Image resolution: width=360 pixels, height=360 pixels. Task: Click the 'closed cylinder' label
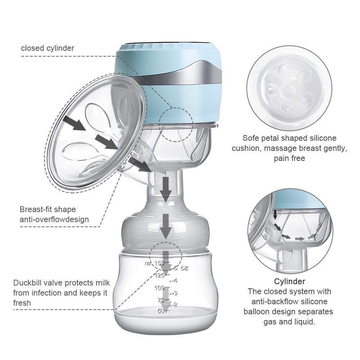pyautogui.click(x=48, y=48)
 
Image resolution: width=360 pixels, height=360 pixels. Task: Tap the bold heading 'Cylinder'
pyautogui.click(x=289, y=281)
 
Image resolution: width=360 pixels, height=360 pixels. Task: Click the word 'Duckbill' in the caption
pyautogui.click(x=28, y=283)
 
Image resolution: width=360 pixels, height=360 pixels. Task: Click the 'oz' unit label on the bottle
pyautogui.click(x=184, y=268)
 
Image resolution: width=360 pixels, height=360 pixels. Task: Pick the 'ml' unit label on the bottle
pyautogui.click(x=148, y=263)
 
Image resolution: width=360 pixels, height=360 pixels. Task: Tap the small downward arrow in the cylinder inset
pyautogui.click(x=275, y=215)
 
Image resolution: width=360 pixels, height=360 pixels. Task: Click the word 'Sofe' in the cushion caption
pyautogui.click(x=251, y=138)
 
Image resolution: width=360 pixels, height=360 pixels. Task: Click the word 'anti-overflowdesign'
pyautogui.click(x=54, y=219)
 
